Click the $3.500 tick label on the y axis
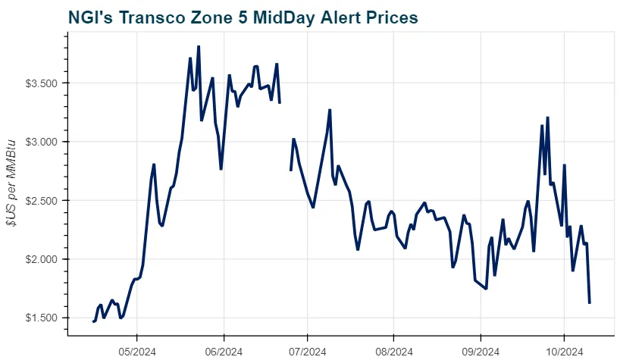43,83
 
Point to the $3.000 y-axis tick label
43,142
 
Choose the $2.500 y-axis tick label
43,201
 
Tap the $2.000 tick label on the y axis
43,259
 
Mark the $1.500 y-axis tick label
43,318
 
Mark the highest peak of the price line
199,46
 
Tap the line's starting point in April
93,322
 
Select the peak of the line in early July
330,110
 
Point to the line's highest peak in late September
547,117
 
